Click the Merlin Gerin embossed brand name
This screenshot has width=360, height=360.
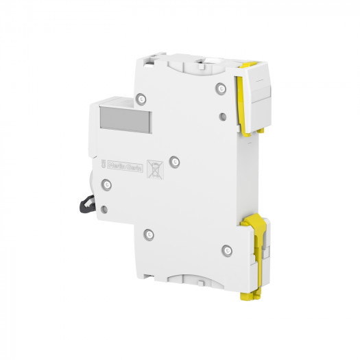(126, 166)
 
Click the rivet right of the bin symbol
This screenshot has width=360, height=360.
(175, 162)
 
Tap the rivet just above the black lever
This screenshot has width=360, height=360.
(106, 184)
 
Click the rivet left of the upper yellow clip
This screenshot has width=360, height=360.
(219, 88)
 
